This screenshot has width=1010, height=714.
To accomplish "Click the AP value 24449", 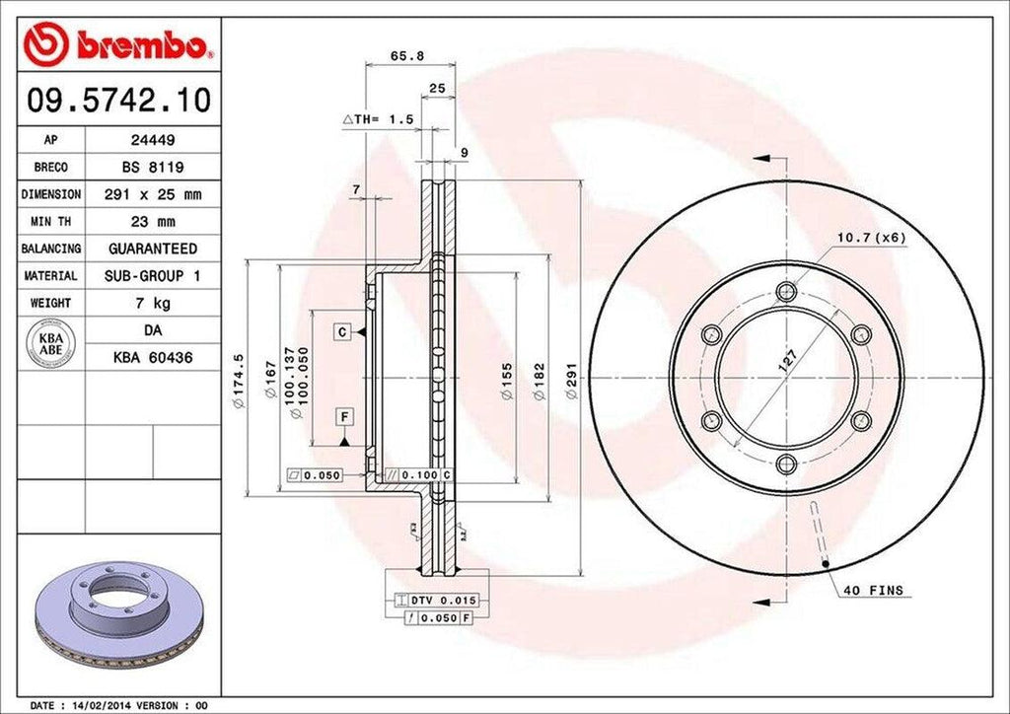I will click(153, 141).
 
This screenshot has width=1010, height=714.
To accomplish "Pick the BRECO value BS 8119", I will click(153, 168).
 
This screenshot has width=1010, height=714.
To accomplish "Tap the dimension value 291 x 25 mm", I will click(153, 195).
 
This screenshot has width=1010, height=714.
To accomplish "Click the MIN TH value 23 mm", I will click(153, 222).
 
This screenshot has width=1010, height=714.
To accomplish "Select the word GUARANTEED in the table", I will click(153, 249).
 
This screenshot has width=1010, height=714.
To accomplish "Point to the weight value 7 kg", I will click(153, 303).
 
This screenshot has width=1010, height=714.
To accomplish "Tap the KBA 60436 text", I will click(153, 358).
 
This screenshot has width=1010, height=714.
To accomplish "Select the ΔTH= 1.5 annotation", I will click(378, 118).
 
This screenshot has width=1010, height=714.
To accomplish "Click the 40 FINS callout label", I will click(873, 591).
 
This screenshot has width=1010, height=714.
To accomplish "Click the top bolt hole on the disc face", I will click(786, 291).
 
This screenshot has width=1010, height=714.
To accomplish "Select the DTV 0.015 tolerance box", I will click(435, 600).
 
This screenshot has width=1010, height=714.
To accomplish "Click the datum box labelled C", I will click(340, 332).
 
